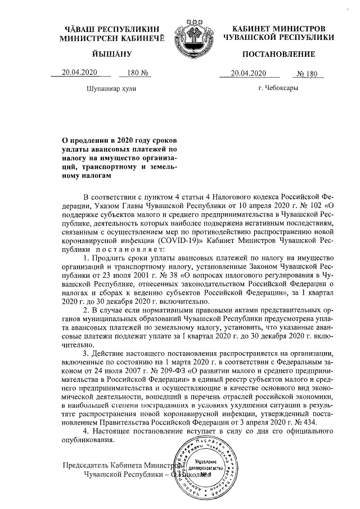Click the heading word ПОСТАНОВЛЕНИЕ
click(x=278, y=55)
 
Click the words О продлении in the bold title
click(x=87, y=141)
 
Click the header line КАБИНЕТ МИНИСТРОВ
click(x=278, y=28)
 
